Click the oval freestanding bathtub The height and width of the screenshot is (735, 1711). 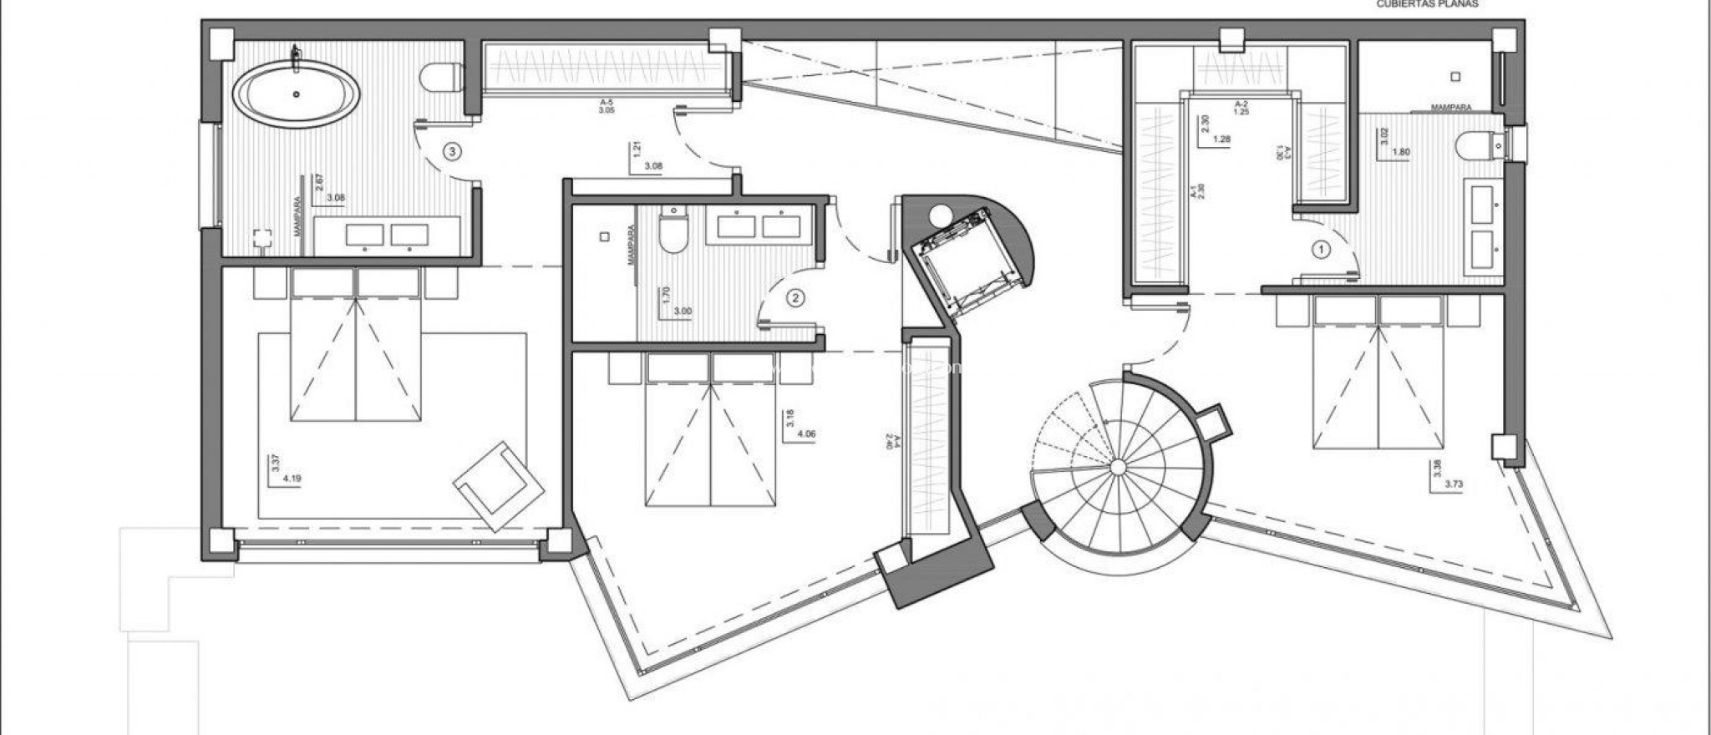296,94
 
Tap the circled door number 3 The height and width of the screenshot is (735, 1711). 452,152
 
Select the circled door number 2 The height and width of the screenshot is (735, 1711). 795,297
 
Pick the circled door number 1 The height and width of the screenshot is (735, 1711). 1321,249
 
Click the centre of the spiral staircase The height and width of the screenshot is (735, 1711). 1119,467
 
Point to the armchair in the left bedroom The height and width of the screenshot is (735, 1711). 498,485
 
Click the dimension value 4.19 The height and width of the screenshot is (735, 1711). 292,479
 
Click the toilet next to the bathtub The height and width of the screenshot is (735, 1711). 443,78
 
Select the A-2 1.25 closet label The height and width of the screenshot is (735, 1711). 1241,108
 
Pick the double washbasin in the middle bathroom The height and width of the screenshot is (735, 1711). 759,225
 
